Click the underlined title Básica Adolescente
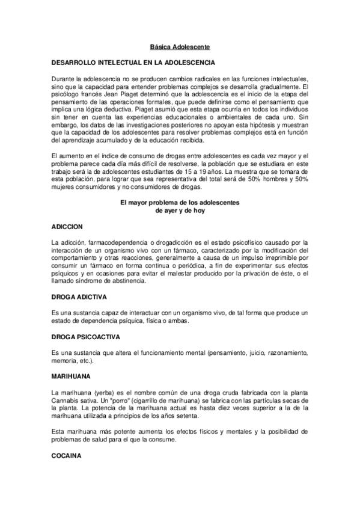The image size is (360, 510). click(180, 46)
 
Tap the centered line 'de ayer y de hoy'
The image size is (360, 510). click(180, 211)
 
